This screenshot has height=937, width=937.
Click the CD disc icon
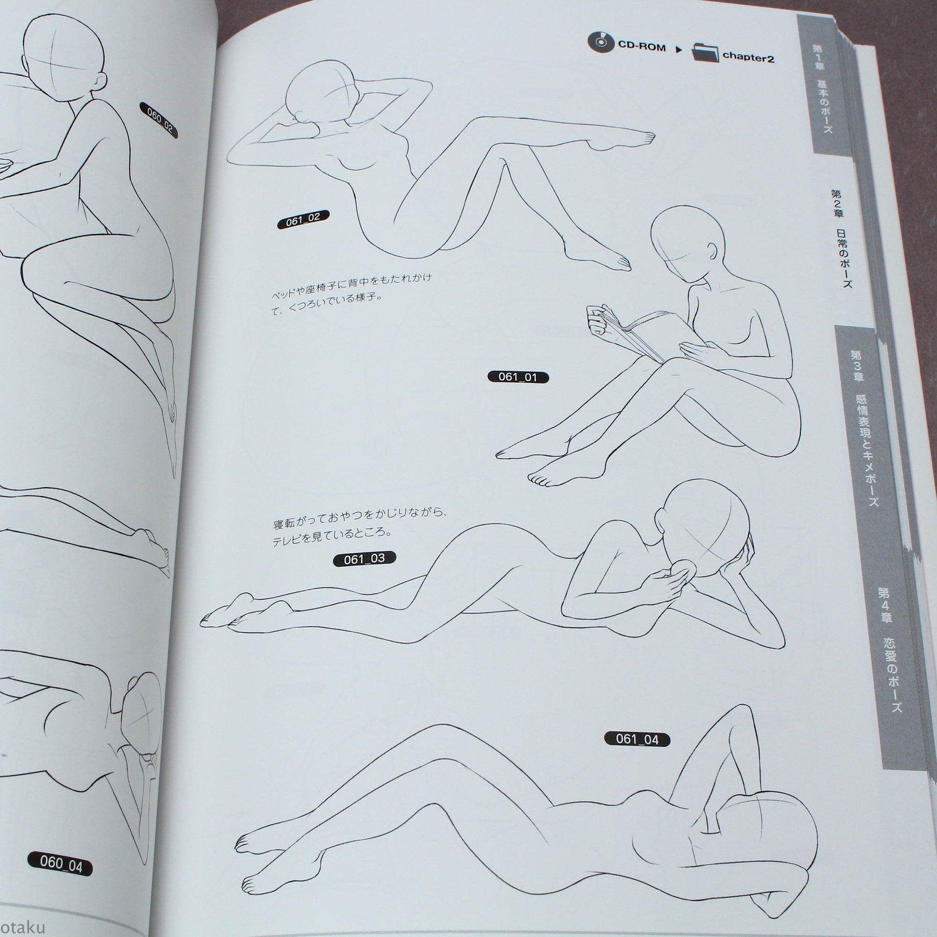point(600,43)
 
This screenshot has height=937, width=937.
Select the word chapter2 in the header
point(748,57)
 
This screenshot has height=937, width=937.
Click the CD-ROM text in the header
point(641,48)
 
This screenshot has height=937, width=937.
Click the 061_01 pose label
point(518,377)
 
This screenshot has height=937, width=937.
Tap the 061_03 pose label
point(364,558)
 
